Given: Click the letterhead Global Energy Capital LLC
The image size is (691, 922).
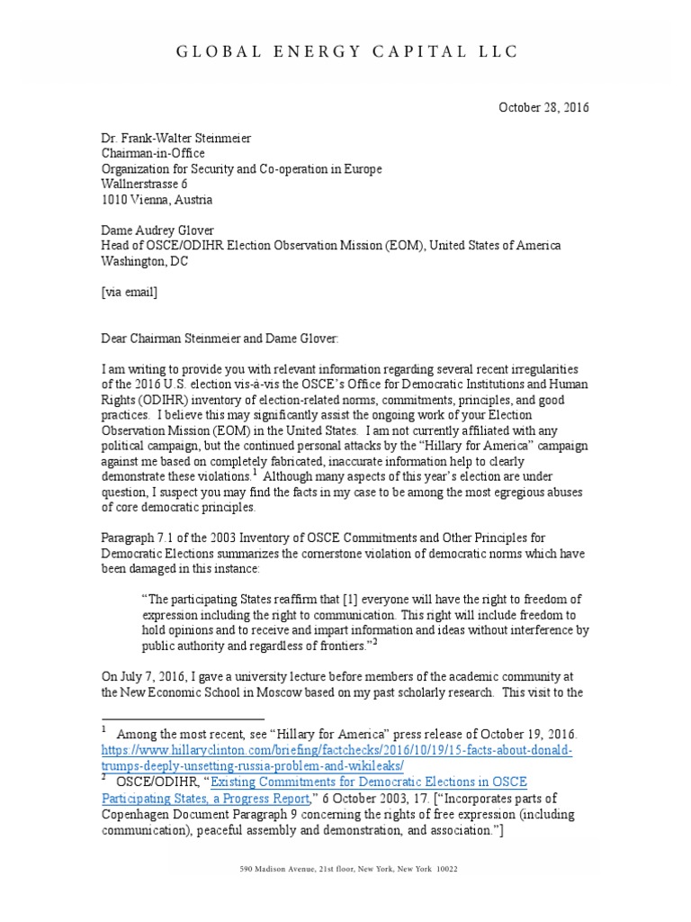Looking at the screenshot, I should tap(345, 51).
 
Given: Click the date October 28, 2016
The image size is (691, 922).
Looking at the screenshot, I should tap(543, 107).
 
